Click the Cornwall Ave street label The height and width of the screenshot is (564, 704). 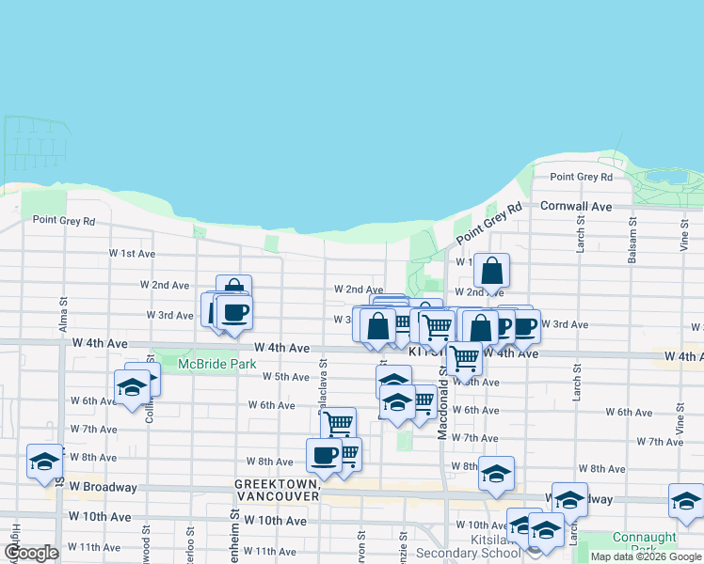575,206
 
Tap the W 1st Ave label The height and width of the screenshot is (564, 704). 132,254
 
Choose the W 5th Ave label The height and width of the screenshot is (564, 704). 286,377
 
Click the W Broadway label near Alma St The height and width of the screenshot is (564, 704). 97,488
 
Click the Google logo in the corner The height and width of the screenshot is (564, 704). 30,553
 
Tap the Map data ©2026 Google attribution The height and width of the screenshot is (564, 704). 646,556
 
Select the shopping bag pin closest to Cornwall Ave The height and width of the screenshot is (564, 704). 491,272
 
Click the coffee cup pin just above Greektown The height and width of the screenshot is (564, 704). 324,456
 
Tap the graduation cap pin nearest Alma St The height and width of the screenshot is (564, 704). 44,462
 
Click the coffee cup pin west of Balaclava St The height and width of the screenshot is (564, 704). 233,313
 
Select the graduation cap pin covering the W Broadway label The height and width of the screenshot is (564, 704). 569,501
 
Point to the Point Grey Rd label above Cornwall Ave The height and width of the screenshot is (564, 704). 581,177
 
